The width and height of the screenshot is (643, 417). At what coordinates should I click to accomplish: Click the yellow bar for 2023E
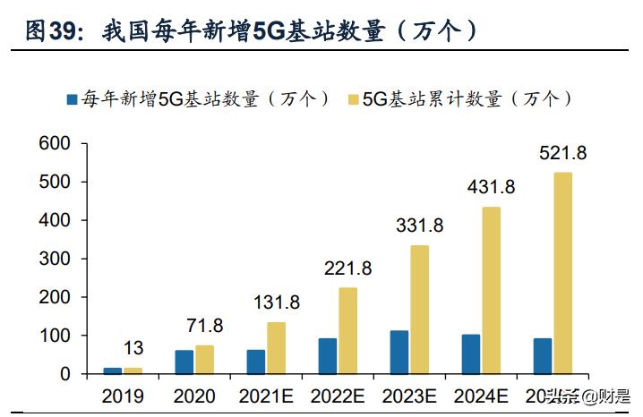(419, 310)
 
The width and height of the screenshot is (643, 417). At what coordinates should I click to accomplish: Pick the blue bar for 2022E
(328, 356)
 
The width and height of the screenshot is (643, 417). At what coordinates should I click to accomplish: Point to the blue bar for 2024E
(471, 354)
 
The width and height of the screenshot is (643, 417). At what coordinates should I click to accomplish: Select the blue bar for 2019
(113, 370)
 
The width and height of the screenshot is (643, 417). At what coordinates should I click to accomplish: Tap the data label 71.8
(205, 326)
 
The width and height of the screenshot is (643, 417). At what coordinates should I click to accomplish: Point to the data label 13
(133, 348)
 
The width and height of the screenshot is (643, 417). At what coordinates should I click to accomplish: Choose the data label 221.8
(348, 268)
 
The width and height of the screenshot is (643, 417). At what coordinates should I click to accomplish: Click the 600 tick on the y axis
(53, 143)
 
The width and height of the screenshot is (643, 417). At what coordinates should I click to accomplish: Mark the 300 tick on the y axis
(53, 259)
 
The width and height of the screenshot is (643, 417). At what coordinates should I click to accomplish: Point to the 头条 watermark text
(564, 395)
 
